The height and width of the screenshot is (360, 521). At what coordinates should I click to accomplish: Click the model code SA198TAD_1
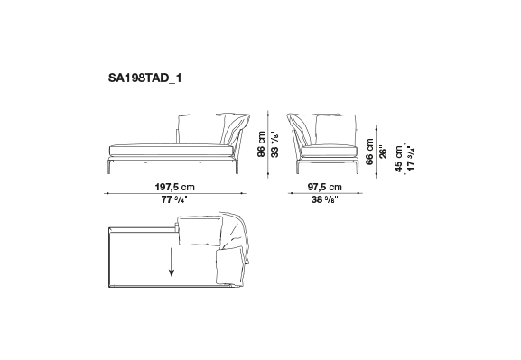click(144, 78)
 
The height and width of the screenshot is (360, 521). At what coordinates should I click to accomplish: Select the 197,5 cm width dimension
click(175, 187)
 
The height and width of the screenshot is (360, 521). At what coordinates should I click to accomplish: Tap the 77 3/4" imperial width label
click(174, 199)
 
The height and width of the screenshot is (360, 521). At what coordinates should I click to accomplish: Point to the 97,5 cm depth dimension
click(325, 187)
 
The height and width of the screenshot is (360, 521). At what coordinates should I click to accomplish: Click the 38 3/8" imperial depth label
click(325, 199)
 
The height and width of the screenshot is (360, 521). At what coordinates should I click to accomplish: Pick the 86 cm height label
click(262, 143)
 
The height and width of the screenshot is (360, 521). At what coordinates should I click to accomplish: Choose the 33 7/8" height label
click(274, 144)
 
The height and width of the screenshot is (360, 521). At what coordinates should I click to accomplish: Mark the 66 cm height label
click(369, 152)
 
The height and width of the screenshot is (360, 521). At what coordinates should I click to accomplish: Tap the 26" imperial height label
click(383, 152)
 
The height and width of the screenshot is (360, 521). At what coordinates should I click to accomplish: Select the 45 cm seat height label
click(398, 159)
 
